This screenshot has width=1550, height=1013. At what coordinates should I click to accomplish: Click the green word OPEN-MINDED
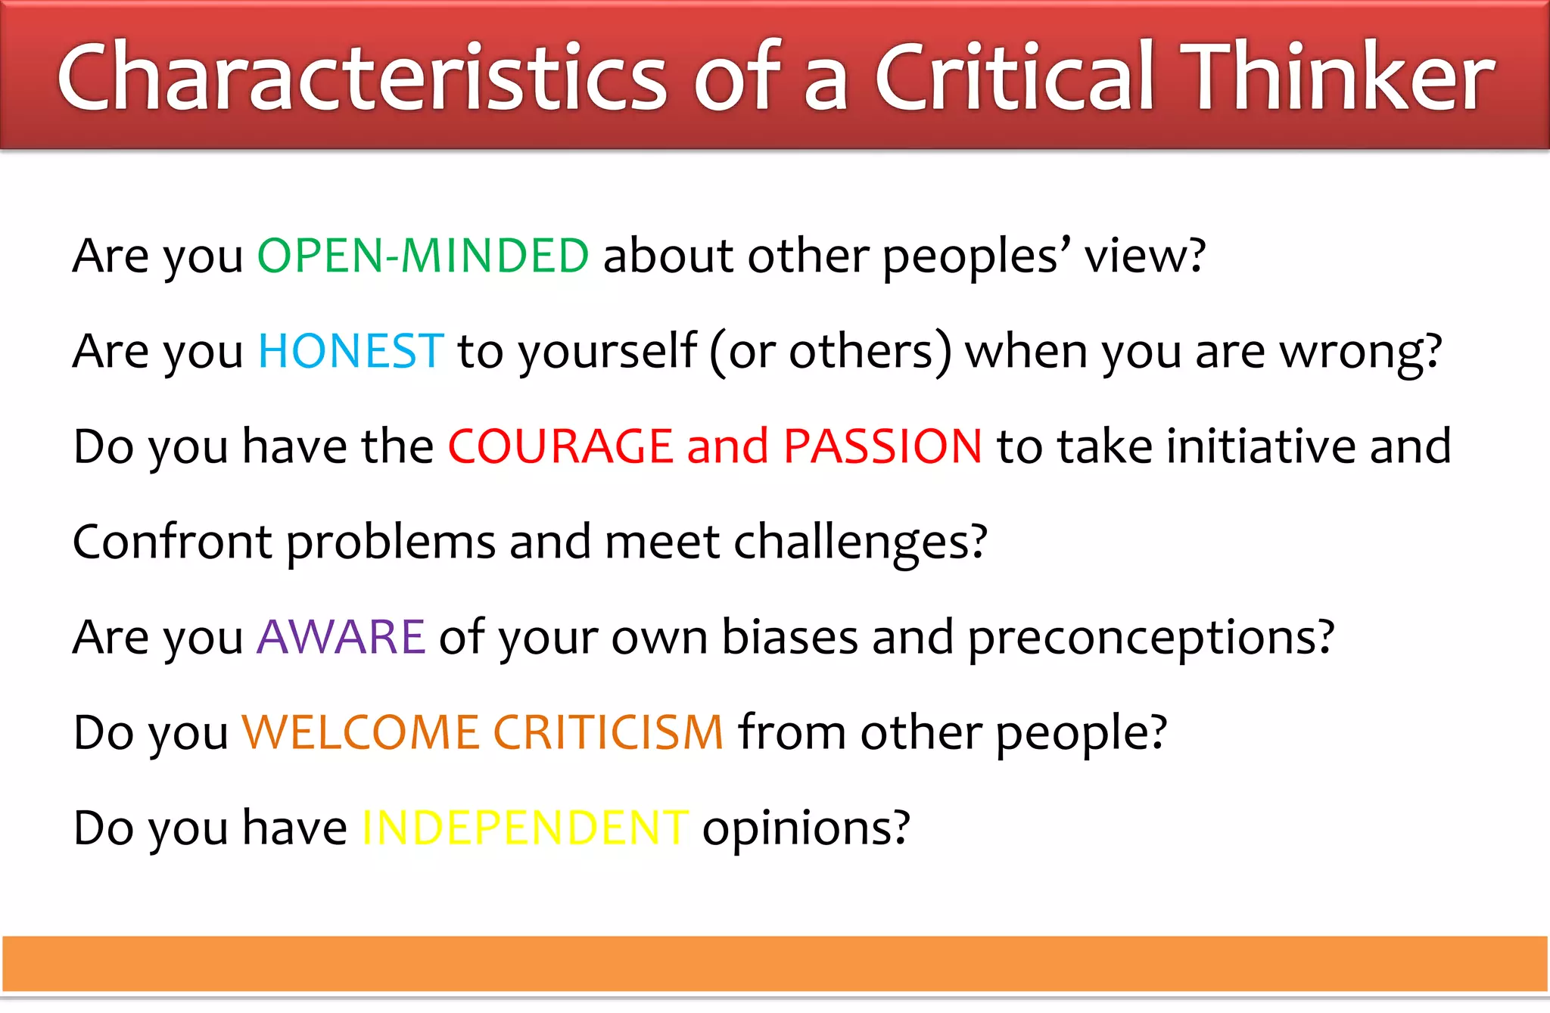tap(423, 256)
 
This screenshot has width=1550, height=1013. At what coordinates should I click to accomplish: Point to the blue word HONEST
tap(350, 351)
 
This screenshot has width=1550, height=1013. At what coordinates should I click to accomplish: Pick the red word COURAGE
tap(560, 446)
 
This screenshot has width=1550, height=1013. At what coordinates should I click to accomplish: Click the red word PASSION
tap(882, 446)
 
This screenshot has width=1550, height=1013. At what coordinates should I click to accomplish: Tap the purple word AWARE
tap(341, 637)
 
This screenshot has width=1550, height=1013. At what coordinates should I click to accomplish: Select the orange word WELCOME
tap(360, 732)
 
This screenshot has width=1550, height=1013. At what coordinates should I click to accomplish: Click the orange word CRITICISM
tap(609, 732)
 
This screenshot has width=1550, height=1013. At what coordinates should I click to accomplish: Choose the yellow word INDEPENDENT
tap(524, 828)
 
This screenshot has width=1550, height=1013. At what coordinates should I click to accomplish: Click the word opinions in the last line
tap(806, 829)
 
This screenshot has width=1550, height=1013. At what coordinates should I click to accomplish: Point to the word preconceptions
tap(1150, 639)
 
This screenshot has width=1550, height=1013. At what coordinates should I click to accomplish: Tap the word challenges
tap(860, 543)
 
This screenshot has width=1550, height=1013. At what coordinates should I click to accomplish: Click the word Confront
tap(172, 542)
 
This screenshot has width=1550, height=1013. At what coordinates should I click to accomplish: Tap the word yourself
tap(607, 353)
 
